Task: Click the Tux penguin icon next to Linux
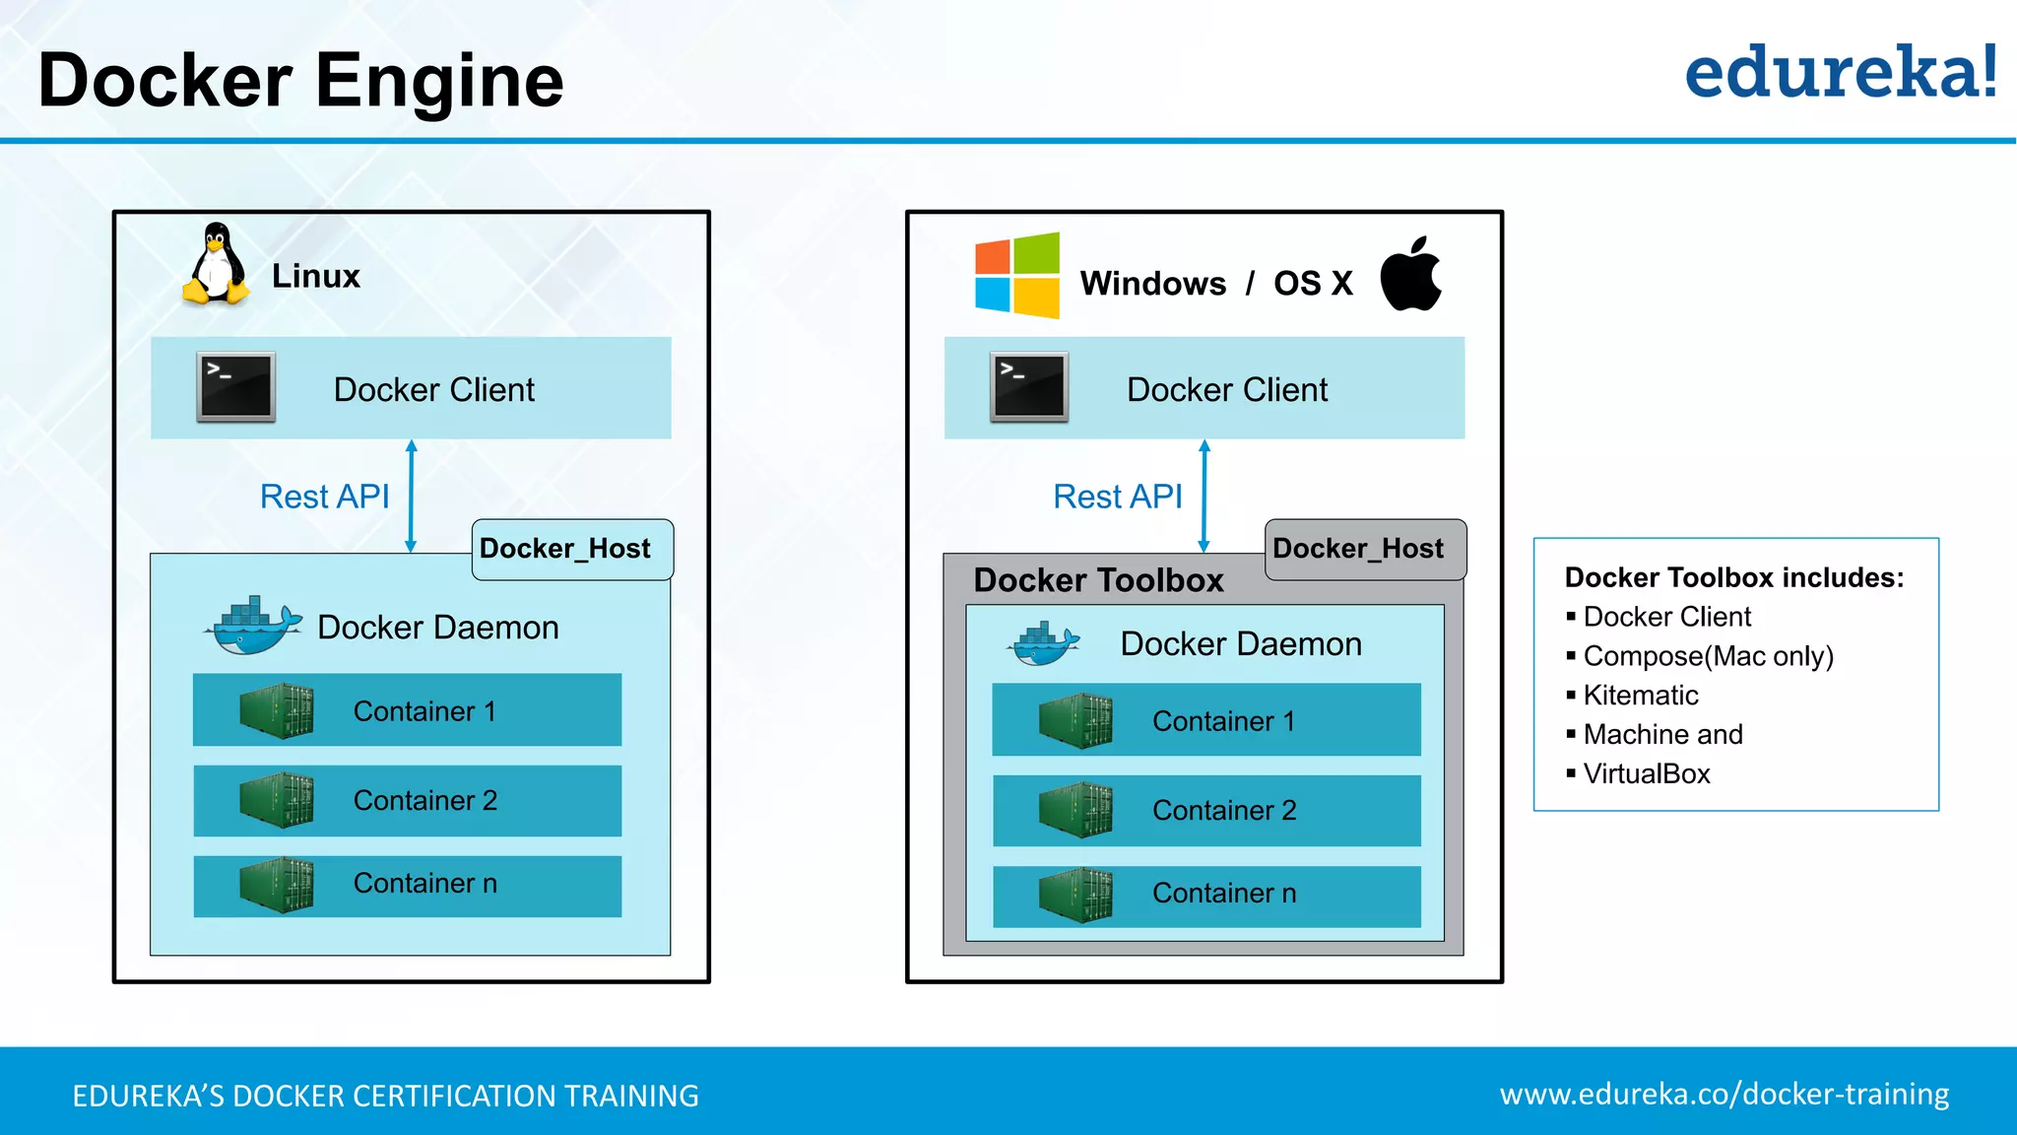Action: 215,264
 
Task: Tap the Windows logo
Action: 1016,275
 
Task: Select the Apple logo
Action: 1410,275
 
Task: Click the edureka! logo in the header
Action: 1840,73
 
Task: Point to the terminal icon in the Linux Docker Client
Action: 235,387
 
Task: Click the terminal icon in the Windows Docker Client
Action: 1028,387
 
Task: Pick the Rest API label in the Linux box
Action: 324,497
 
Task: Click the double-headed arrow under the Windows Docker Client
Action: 1204,496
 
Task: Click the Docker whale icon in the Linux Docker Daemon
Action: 253,626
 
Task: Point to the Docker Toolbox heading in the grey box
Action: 1098,580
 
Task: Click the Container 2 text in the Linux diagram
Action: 424,800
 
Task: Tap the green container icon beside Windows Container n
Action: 1075,895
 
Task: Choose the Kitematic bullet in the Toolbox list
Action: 1640,696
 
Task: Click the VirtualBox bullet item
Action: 1646,774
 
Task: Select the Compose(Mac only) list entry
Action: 1707,656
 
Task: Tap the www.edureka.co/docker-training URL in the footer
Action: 1724,1095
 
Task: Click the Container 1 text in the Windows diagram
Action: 1223,721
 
